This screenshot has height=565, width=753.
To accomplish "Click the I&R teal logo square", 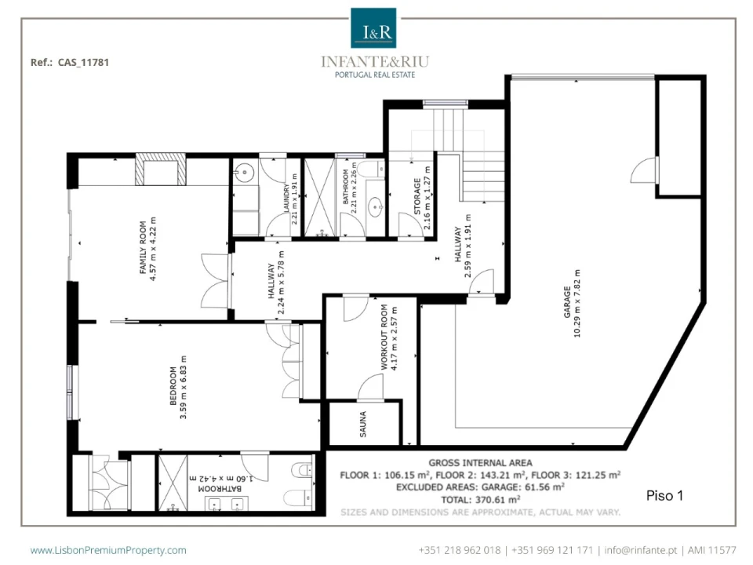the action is click(x=373, y=28).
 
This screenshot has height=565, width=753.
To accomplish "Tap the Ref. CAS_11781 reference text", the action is click(x=70, y=63).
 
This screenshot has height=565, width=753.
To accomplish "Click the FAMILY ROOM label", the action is click(x=143, y=247).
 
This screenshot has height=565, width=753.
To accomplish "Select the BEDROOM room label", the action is click(x=173, y=386).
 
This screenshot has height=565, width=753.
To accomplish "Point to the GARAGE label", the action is click(x=567, y=302).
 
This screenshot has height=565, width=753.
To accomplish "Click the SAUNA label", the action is click(x=363, y=424).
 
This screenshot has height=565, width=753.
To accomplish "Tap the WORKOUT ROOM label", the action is click(x=384, y=337).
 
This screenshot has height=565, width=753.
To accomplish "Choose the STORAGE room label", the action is click(x=417, y=196).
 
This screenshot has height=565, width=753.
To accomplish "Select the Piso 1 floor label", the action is click(x=664, y=496).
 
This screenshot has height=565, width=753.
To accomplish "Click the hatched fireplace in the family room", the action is click(x=160, y=169).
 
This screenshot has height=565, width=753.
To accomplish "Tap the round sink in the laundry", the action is click(x=246, y=172).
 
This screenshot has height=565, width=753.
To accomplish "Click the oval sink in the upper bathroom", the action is click(x=376, y=208).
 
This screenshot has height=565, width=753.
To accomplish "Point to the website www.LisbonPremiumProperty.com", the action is click(x=108, y=550).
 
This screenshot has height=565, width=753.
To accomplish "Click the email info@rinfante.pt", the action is click(x=641, y=550).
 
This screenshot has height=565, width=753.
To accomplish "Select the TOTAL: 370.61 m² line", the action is click(x=480, y=500).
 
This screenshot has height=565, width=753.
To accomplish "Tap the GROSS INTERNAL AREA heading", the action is click(x=480, y=463).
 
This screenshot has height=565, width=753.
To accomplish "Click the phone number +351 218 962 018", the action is click(x=460, y=550).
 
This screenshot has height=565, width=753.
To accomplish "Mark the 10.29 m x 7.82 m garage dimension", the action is click(x=577, y=304).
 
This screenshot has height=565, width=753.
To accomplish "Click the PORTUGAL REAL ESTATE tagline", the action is click(x=375, y=75).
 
